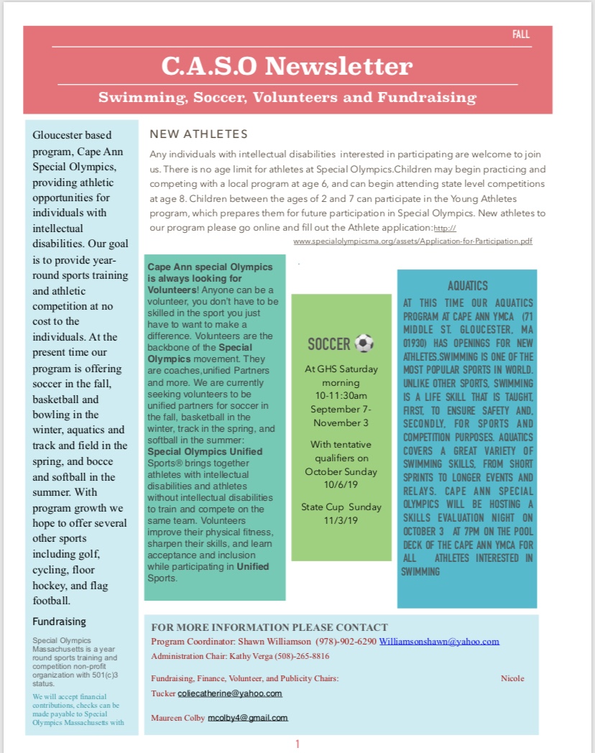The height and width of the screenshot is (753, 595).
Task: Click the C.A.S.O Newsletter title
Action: coord(287,67)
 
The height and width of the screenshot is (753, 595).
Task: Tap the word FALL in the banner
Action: coord(521,34)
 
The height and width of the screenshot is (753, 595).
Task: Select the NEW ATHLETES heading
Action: coord(198,134)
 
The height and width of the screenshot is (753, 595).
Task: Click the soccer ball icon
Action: coord(364,344)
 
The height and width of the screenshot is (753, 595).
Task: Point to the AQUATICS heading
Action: coord(467,286)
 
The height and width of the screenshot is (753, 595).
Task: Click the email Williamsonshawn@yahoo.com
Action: coord(439,642)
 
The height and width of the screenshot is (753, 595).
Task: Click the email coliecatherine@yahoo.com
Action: coord(230,693)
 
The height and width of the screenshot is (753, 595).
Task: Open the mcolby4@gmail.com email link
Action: coord(248,718)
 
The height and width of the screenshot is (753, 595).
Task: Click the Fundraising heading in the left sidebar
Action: coord(59,622)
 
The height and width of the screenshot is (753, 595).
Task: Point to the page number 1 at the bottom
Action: coord(297,744)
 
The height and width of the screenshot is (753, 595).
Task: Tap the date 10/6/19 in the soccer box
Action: coord(341,484)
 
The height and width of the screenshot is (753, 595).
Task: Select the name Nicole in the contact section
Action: coord(512,678)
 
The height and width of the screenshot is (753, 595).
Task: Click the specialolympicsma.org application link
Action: coord(413,241)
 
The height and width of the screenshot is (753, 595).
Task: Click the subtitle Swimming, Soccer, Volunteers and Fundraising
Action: coord(287,97)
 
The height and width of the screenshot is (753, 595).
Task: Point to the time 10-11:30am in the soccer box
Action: coord(341,396)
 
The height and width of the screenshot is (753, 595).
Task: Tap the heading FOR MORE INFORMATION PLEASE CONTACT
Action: coord(269,627)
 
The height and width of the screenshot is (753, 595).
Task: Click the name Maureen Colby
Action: coord(177,718)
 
